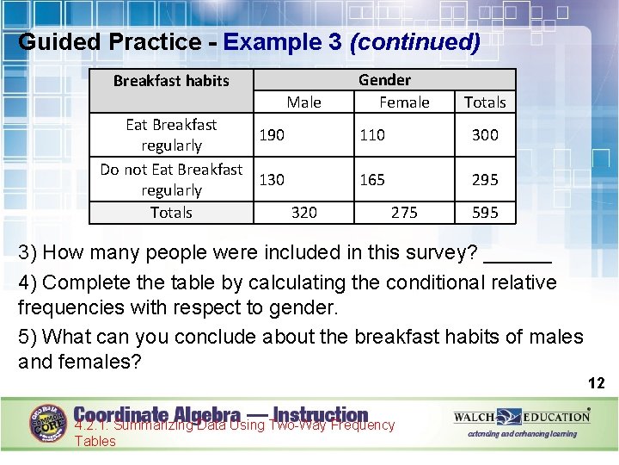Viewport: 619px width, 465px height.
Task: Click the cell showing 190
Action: pos(273,135)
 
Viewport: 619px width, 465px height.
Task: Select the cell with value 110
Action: pos(372,135)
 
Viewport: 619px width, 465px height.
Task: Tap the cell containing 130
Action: pos(273,180)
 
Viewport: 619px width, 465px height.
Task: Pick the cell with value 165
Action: pos(372,180)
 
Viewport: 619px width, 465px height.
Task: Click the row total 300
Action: pos(485,135)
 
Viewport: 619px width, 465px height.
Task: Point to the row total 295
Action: pos(485,180)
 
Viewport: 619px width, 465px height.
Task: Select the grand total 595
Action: pos(485,213)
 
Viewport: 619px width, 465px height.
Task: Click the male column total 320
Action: pos(303,213)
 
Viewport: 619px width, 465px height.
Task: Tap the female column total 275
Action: pos(404,213)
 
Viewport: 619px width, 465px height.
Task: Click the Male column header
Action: pos(303,102)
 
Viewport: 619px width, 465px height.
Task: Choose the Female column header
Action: pos(404,102)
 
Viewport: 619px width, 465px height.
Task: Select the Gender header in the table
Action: pos(384,80)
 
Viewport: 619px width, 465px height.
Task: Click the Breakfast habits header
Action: pos(171,81)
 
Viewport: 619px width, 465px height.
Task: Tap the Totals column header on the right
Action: pos(485,102)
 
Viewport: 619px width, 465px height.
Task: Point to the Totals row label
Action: pos(171,213)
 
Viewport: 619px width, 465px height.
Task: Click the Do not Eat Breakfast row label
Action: pos(171,179)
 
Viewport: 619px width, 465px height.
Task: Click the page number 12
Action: pos(596,383)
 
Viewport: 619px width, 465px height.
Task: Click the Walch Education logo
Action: pos(522,418)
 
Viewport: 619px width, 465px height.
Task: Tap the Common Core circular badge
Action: pos(49,423)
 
